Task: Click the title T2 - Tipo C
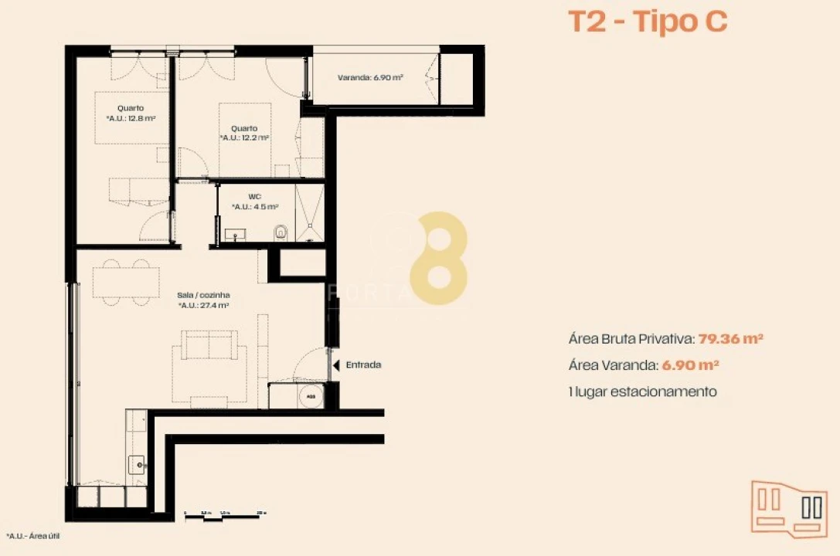tap(648, 22)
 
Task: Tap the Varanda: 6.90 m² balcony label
tap(368, 77)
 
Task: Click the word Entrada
tap(363, 365)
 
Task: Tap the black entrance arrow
tap(335, 365)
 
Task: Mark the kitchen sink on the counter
tap(136, 464)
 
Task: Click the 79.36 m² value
tap(731, 338)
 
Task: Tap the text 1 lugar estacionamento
tap(642, 392)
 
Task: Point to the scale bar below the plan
tap(225, 514)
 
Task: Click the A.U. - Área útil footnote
tap(34, 536)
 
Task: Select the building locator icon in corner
tap(789, 506)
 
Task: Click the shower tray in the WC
tap(310, 212)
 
